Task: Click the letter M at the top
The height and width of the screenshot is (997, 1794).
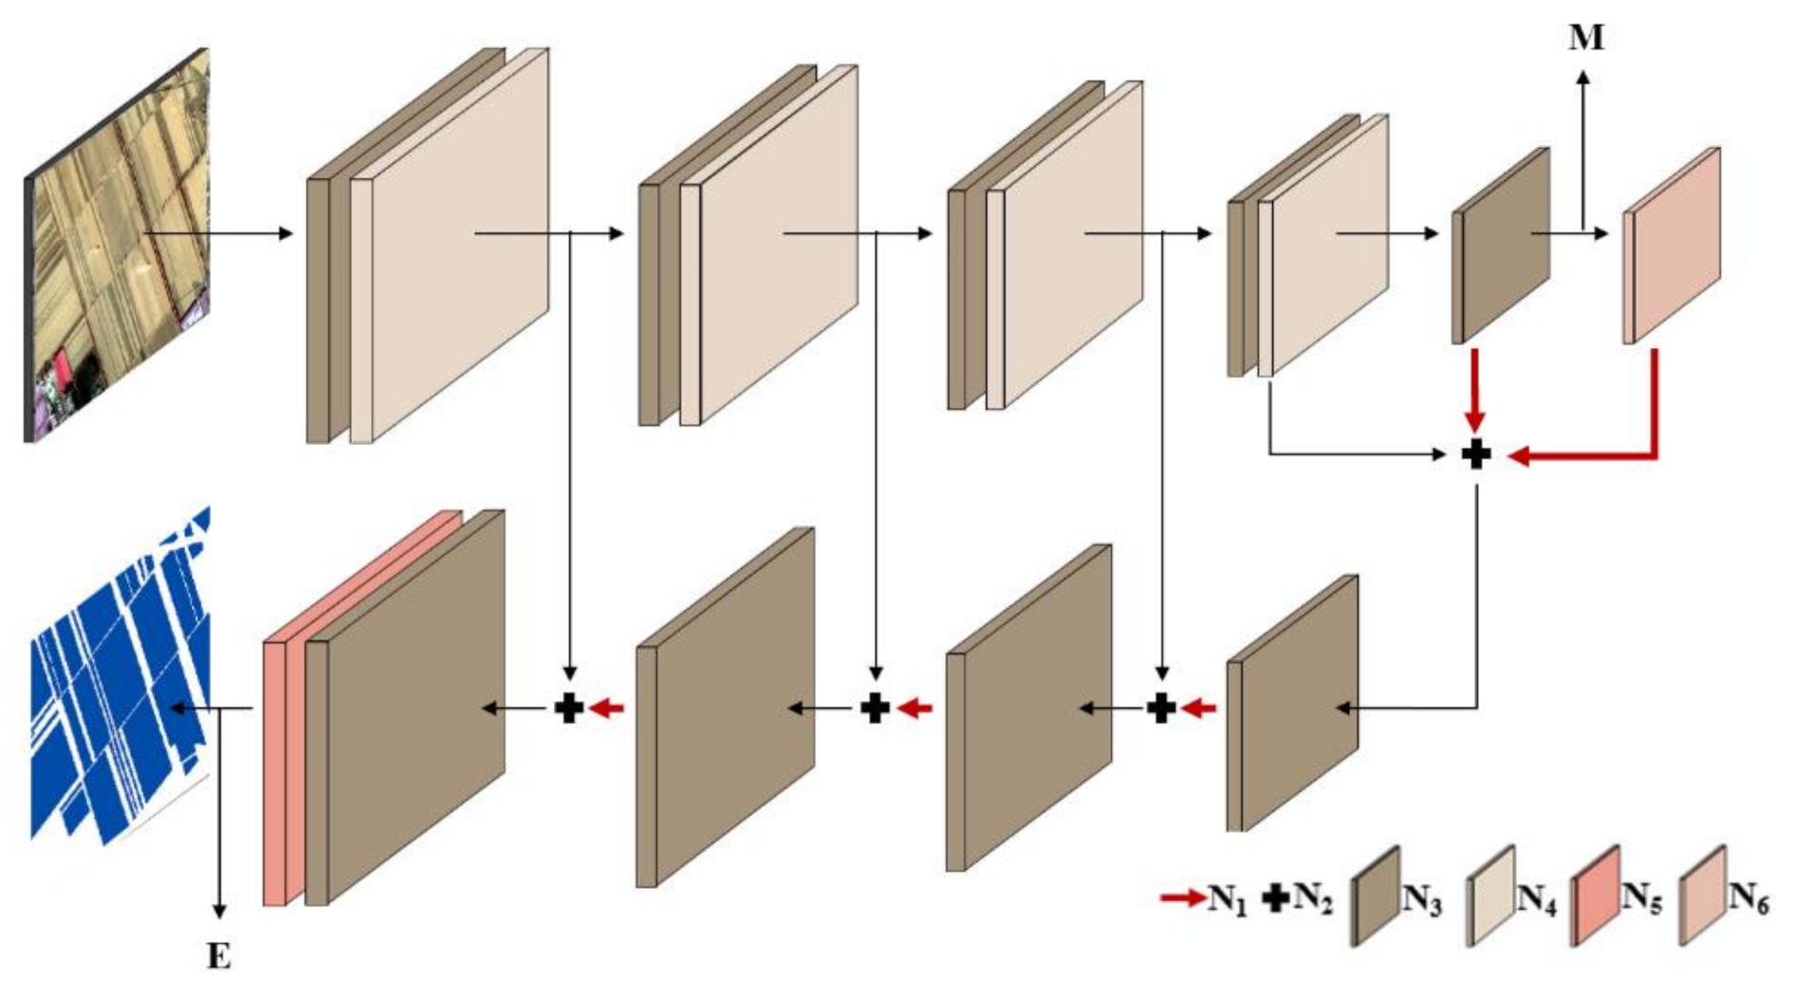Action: [1585, 38]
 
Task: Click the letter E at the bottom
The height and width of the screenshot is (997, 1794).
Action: [219, 956]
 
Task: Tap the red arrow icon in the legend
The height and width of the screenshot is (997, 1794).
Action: [1182, 897]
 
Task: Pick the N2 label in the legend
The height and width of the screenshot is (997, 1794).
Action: [1312, 897]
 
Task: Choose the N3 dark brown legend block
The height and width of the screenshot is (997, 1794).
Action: [1375, 896]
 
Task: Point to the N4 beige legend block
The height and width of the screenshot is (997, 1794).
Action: [1490, 896]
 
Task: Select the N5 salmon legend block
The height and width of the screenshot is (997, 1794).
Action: [1595, 896]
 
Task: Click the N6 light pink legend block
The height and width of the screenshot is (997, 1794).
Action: [1702, 896]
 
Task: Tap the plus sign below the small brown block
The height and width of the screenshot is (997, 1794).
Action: [1475, 454]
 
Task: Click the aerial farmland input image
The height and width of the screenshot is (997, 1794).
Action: [117, 245]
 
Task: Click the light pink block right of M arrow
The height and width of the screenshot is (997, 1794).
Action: [1672, 245]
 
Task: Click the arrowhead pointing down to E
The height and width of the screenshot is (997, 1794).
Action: [219, 912]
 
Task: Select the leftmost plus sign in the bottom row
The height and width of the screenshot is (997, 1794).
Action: [568, 708]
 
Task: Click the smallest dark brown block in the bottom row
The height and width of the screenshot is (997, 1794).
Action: [1292, 703]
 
